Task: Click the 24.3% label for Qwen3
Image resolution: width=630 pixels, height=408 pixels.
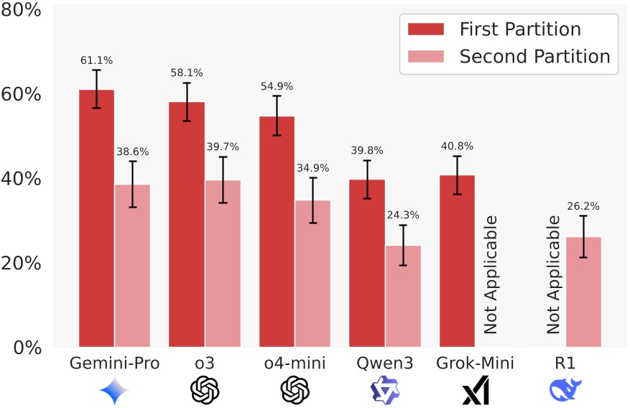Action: click(x=403, y=215)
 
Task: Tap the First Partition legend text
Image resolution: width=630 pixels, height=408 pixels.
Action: click(x=520, y=29)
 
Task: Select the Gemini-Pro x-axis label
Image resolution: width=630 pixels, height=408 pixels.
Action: click(x=114, y=364)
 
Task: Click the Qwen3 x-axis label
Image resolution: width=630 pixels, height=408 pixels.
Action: click(x=385, y=364)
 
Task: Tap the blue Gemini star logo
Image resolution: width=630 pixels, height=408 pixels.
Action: click(x=115, y=390)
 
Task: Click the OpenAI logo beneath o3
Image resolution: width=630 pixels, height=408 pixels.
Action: click(x=204, y=390)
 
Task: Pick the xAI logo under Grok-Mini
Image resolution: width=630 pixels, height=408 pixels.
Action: click(x=475, y=390)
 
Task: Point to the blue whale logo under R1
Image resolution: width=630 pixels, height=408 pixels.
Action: click(x=565, y=390)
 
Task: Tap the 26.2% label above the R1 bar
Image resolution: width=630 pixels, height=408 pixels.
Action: click(x=583, y=207)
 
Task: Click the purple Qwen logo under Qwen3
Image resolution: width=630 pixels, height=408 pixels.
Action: click(x=385, y=390)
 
